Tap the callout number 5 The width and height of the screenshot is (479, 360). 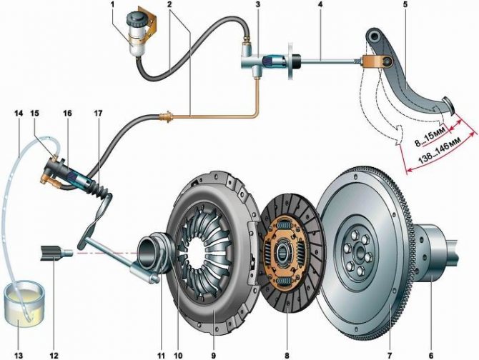pos(405,5)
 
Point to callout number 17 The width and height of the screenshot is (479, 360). pos(99,113)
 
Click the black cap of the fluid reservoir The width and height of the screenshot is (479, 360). pos(136,18)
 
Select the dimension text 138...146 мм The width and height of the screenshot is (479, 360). pos(439,152)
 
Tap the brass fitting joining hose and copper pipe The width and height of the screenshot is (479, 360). pos(167,117)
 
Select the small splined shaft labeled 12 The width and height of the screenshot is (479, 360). pos(56,254)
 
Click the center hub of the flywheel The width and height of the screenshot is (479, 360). pos(357,253)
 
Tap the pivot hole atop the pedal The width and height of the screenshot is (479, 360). pos(374,37)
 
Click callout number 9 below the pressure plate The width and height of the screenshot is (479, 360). pos(213,356)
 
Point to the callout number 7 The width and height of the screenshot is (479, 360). pos(390,356)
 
